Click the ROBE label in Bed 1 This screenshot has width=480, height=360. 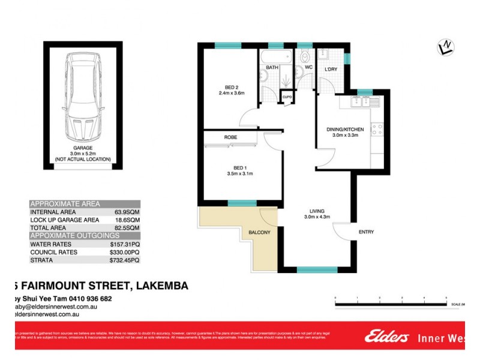[x=231, y=137]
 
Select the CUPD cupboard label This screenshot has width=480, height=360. [x=287, y=96]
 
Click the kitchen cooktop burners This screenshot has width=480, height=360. [x=377, y=128]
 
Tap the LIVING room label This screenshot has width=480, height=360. [x=317, y=211]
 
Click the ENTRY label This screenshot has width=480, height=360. [x=367, y=232]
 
